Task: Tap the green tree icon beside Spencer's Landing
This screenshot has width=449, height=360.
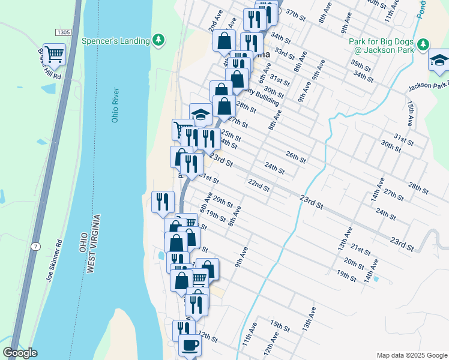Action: tap(158, 40)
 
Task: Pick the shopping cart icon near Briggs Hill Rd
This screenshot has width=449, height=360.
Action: tap(54, 54)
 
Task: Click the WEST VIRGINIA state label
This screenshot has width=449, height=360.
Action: tap(93, 244)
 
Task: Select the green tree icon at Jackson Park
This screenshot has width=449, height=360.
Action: tap(423, 44)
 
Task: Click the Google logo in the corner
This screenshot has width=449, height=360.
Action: tap(20, 353)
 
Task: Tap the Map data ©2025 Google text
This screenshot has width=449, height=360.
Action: tap(411, 355)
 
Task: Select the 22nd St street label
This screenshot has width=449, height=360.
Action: tap(259, 184)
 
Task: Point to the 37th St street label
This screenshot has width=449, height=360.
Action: tap(296, 13)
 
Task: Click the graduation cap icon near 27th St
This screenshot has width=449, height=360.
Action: tap(200, 113)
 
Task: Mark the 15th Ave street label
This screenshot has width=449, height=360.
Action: tap(411, 113)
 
